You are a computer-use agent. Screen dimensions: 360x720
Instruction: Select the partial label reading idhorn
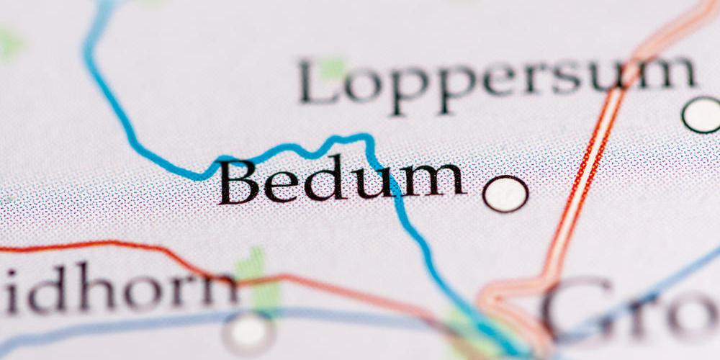point(119,288)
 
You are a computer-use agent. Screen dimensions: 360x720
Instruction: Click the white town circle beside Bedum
point(505,194)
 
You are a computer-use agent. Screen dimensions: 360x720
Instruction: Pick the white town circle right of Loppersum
point(702,114)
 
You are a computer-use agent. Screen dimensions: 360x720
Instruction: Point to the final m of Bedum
point(435,180)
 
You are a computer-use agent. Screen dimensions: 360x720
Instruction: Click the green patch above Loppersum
point(332,68)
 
